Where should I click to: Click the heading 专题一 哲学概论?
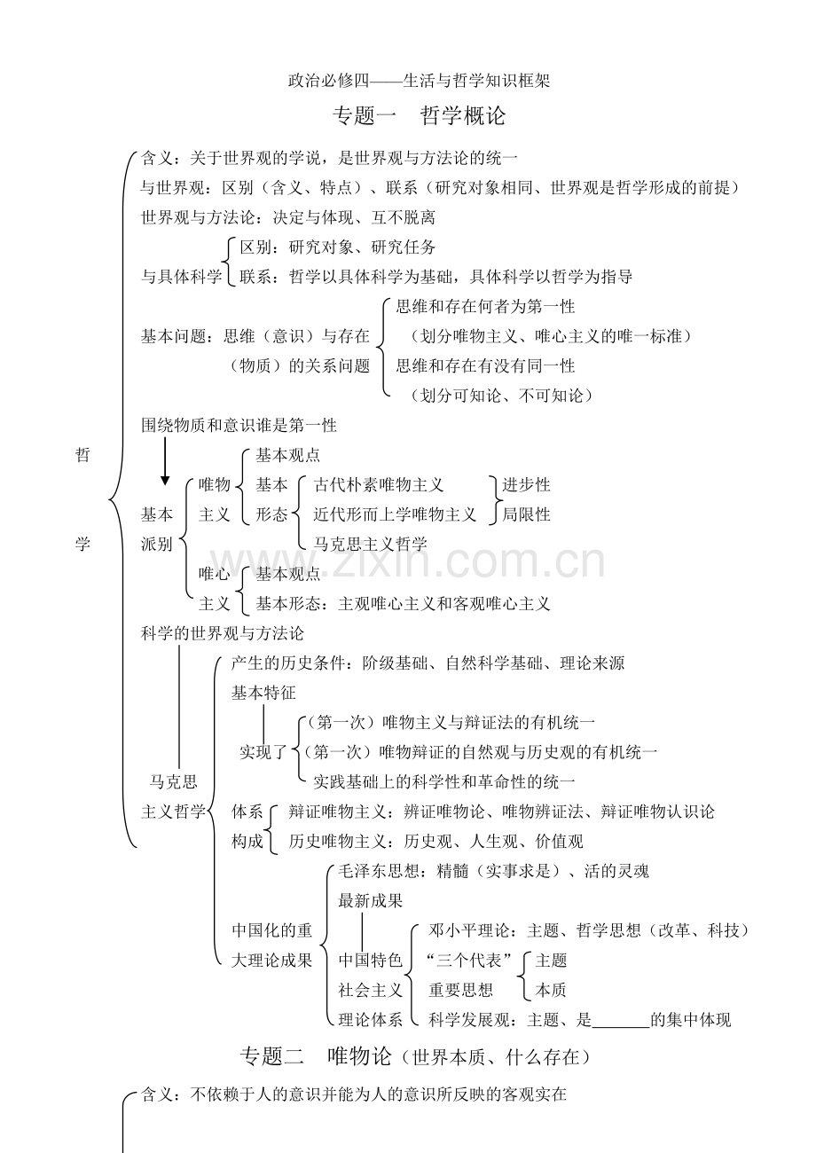click(x=419, y=115)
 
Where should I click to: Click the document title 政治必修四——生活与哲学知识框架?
click(x=419, y=81)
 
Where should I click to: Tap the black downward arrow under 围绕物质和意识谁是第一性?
click(x=165, y=461)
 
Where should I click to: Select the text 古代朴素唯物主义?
click(x=379, y=484)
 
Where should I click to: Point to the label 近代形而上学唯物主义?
click(x=395, y=514)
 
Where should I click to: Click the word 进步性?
click(x=526, y=484)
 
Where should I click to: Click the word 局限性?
click(x=526, y=514)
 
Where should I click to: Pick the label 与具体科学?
click(x=181, y=277)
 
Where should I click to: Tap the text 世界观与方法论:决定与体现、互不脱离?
click(x=288, y=217)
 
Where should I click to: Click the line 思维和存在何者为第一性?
click(x=485, y=307)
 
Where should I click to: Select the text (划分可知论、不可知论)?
click(x=501, y=396)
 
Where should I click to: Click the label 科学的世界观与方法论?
click(x=223, y=633)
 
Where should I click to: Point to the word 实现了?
click(x=263, y=752)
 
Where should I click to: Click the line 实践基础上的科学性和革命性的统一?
click(x=444, y=782)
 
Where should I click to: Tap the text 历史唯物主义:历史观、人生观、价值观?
click(x=435, y=841)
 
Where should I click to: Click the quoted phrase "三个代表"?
click(x=469, y=960)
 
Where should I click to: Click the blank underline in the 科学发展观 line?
click(x=621, y=1027)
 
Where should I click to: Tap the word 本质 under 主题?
click(x=551, y=990)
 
